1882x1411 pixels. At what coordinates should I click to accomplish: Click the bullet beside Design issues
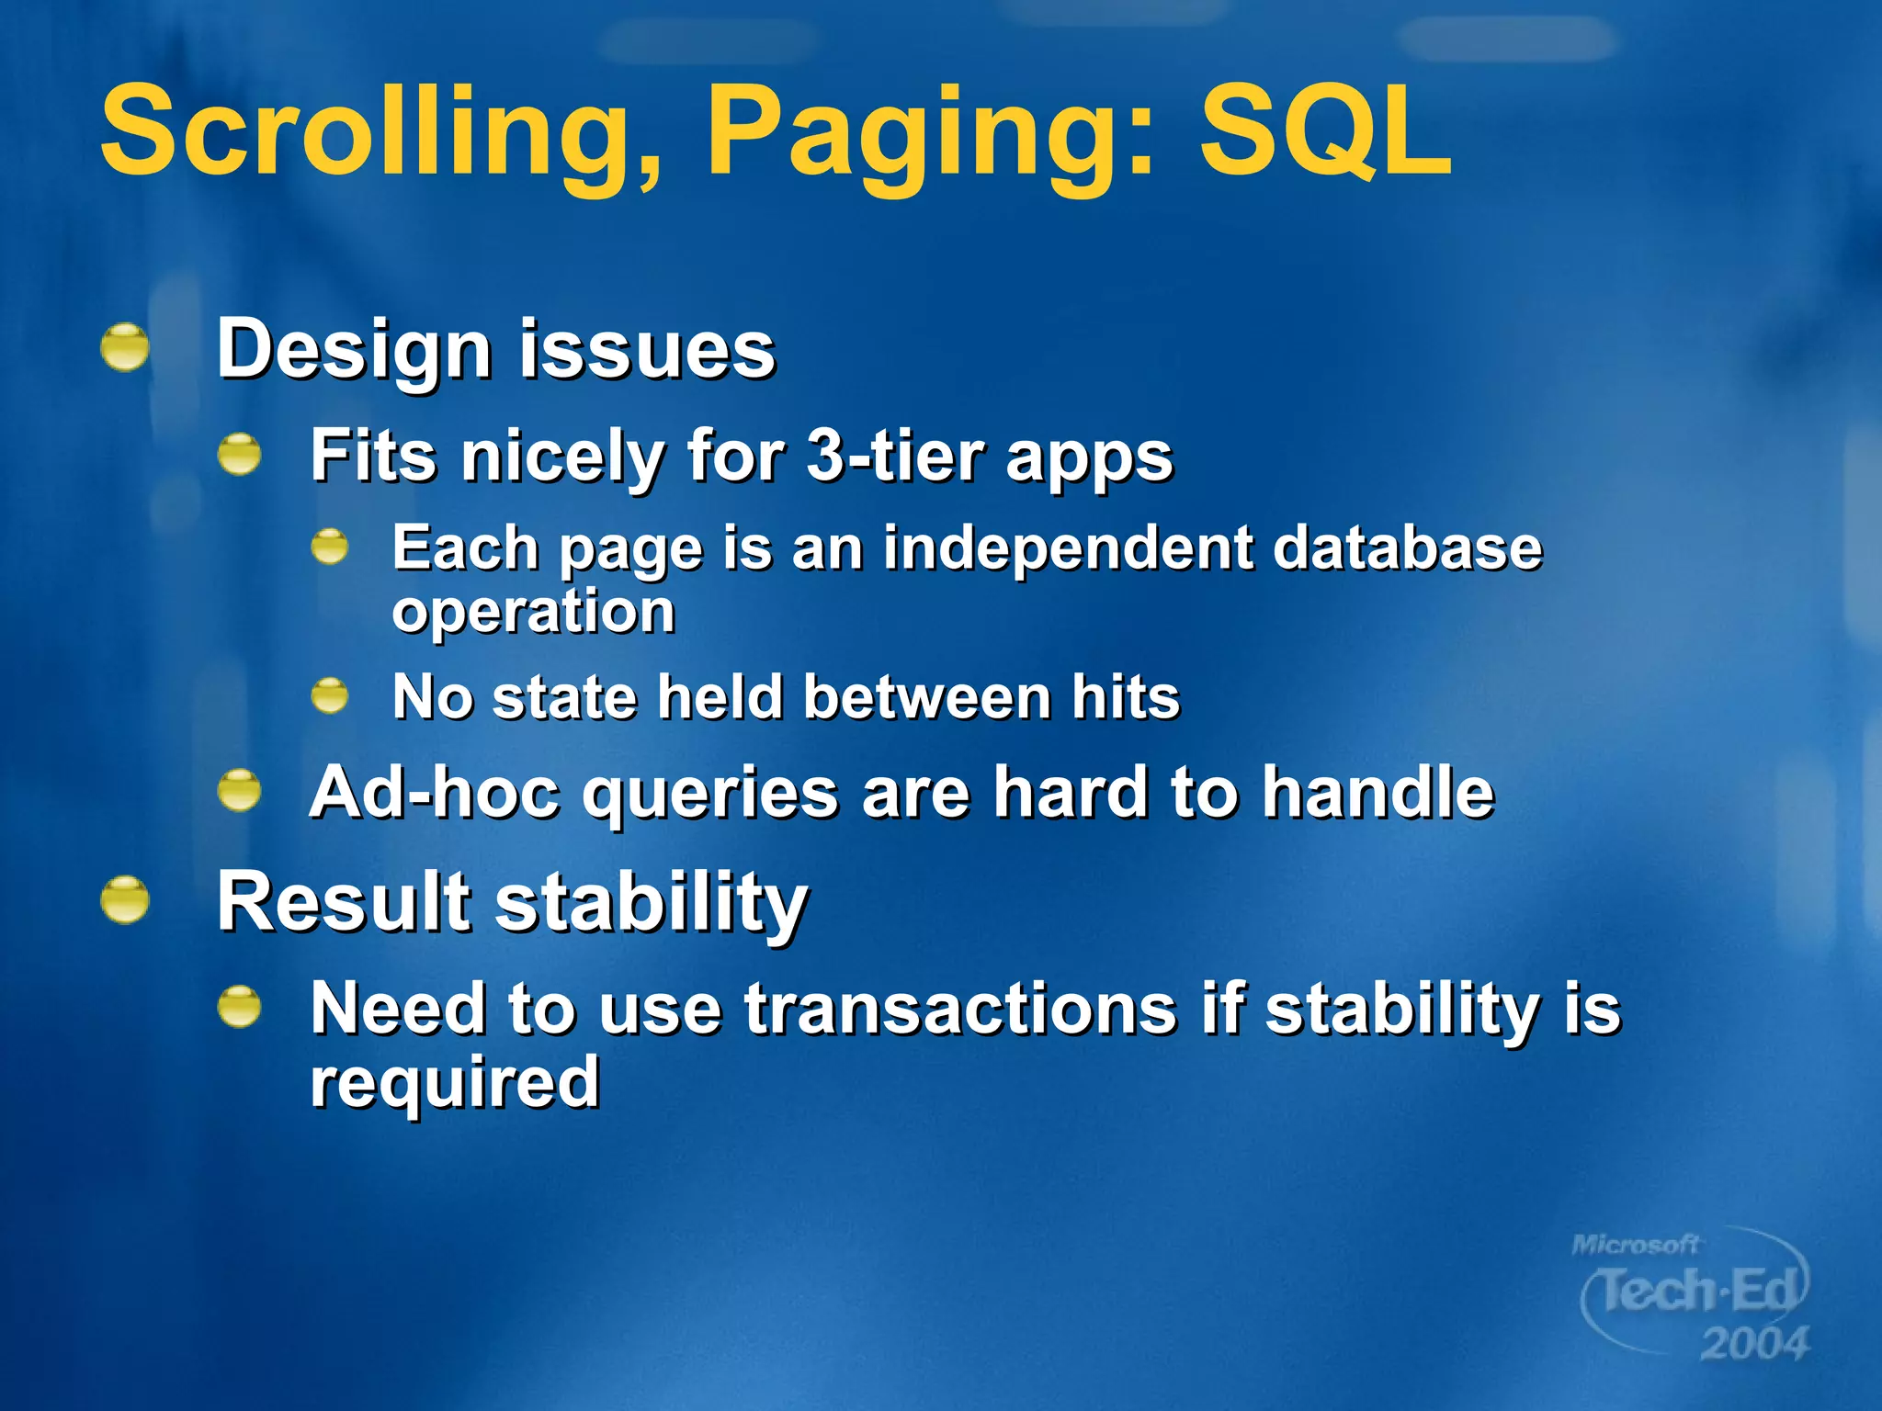[x=125, y=347]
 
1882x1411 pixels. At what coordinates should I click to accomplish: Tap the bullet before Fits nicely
[x=240, y=454]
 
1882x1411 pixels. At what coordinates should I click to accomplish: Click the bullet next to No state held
[x=330, y=695]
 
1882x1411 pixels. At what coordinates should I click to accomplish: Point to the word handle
[x=1377, y=792]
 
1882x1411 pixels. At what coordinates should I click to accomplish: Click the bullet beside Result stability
[x=125, y=899]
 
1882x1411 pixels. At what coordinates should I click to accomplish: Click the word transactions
[x=960, y=1009]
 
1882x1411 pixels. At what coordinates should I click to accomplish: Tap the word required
[x=455, y=1081]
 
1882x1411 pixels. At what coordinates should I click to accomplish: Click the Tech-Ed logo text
[x=1696, y=1291]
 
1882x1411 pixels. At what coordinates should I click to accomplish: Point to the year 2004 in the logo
[x=1753, y=1344]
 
